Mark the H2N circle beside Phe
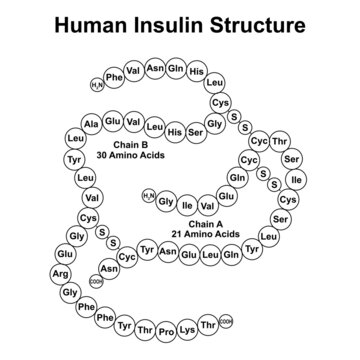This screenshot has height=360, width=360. [97, 85]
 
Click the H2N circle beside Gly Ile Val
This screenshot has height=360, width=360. [148, 195]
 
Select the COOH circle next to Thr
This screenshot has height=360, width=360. [226, 320]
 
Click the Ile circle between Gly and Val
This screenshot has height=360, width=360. [187, 205]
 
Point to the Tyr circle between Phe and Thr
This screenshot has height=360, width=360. [124, 326]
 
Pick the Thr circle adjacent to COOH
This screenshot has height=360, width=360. [208, 322]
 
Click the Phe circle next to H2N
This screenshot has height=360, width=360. [114, 77]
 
